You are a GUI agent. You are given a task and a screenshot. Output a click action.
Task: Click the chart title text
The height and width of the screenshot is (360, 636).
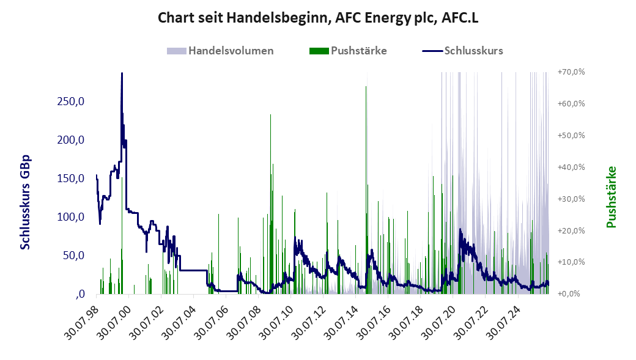318,18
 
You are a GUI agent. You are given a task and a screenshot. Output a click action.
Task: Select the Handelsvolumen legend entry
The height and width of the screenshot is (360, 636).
220,51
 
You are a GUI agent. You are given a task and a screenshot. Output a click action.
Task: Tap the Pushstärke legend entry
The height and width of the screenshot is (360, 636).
348,51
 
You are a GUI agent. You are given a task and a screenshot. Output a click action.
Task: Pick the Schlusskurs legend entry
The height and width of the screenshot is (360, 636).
463,51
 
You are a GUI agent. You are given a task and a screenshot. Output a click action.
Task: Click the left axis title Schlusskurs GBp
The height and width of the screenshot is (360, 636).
25,202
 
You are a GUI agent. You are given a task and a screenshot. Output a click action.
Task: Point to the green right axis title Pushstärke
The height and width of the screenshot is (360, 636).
611,197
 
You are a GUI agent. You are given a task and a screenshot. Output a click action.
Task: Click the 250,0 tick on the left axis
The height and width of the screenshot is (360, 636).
71,101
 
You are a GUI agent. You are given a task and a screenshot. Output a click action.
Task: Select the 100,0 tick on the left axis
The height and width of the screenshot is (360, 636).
71,217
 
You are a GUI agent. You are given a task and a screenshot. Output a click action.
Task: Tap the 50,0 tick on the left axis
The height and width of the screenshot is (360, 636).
74,255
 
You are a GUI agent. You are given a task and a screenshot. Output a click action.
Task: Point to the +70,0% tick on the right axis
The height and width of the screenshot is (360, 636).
571,72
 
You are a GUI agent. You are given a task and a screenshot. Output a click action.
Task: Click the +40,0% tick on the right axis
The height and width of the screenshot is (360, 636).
571,167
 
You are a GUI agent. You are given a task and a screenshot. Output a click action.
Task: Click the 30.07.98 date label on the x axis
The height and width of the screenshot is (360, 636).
81,321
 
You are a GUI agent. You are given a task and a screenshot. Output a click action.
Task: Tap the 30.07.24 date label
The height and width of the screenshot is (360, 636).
503,321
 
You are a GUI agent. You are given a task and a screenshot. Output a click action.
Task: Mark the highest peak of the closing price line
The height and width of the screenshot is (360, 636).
122,73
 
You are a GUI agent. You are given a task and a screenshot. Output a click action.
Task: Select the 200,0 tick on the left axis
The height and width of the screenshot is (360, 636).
71,140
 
